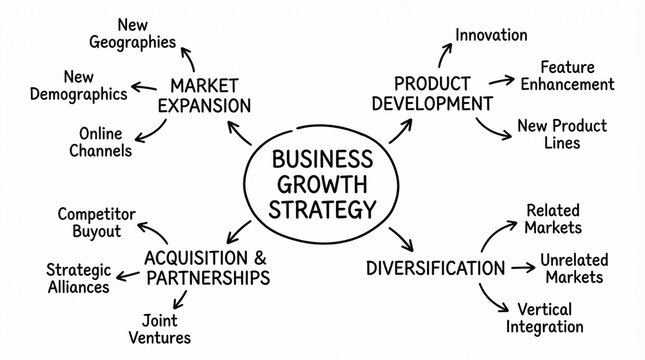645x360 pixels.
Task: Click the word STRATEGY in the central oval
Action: tap(323, 209)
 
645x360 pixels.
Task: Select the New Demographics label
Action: tap(94, 86)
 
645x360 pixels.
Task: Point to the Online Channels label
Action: tap(104, 142)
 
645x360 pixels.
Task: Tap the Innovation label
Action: tap(491, 35)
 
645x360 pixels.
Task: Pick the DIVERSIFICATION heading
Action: tap(435, 268)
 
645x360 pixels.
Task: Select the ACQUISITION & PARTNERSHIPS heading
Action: tap(207, 266)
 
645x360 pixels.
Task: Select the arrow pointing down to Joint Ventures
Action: tap(182, 298)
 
